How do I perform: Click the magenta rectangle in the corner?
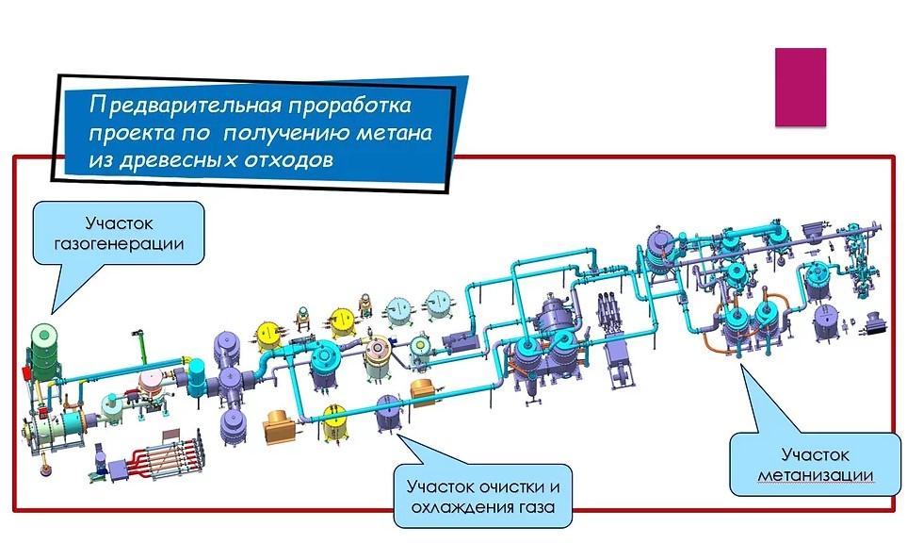pos(800,87)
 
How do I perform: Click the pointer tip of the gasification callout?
pos(52,312)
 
